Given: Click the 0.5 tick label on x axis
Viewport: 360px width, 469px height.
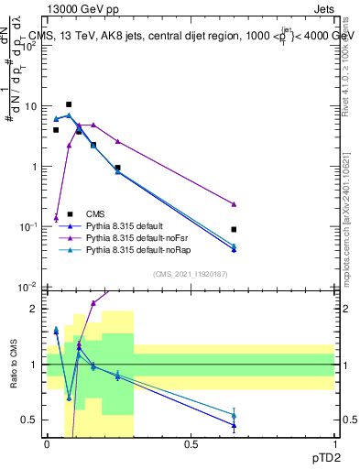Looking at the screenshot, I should click(191, 444).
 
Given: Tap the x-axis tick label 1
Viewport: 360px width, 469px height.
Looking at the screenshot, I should click(335, 444).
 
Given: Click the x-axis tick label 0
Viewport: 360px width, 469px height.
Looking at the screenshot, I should click(47, 444).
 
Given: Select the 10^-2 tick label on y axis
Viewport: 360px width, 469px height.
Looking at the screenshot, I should click(29, 288).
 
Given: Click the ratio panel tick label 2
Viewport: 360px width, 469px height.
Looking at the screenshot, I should click(35, 309).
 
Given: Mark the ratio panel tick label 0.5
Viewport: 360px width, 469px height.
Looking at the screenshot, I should click(30, 420).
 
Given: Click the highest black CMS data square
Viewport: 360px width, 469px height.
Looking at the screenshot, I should click(68, 104).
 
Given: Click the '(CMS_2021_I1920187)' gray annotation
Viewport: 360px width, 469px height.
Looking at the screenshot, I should click(190, 273).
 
